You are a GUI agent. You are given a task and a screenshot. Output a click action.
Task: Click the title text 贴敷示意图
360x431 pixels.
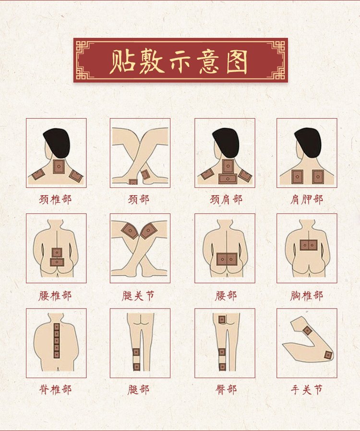(x=179, y=62)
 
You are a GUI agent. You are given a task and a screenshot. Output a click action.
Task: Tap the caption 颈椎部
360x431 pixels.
(x=55, y=199)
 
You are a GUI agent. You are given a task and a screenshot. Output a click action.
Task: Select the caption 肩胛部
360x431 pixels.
(x=306, y=199)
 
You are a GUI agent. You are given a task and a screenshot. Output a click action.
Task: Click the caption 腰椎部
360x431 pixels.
(x=55, y=296)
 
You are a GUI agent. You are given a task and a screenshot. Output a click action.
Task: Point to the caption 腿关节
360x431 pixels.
(x=138, y=296)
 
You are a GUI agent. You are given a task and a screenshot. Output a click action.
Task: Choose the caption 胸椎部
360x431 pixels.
(x=306, y=296)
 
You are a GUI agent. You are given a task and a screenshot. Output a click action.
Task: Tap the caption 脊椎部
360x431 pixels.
(x=55, y=390)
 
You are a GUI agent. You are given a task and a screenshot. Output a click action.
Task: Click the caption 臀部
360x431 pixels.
(x=226, y=390)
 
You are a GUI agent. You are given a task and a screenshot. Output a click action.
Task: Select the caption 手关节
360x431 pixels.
(x=306, y=390)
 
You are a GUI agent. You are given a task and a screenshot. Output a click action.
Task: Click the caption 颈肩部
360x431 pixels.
(x=226, y=199)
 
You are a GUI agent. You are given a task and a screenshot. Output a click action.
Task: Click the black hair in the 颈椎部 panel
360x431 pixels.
(x=57, y=142)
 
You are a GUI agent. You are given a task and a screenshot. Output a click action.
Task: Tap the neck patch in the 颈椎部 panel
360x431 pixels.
(x=59, y=166)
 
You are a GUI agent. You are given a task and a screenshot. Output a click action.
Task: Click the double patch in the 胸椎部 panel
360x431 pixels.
(x=309, y=245)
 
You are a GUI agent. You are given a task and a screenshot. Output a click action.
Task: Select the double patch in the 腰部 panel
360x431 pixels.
(x=227, y=259)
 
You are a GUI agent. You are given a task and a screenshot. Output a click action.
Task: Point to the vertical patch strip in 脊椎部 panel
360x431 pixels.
(x=57, y=341)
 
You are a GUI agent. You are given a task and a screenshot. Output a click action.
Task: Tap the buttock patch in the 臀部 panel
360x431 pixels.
(x=222, y=320)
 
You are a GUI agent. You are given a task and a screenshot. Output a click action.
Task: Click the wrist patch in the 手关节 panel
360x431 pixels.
(x=307, y=330)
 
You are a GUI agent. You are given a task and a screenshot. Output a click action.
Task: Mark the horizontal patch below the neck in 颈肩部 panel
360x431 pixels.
(x=228, y=179)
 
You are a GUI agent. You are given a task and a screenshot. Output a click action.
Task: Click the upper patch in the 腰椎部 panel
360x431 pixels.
(x=57, y=252)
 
